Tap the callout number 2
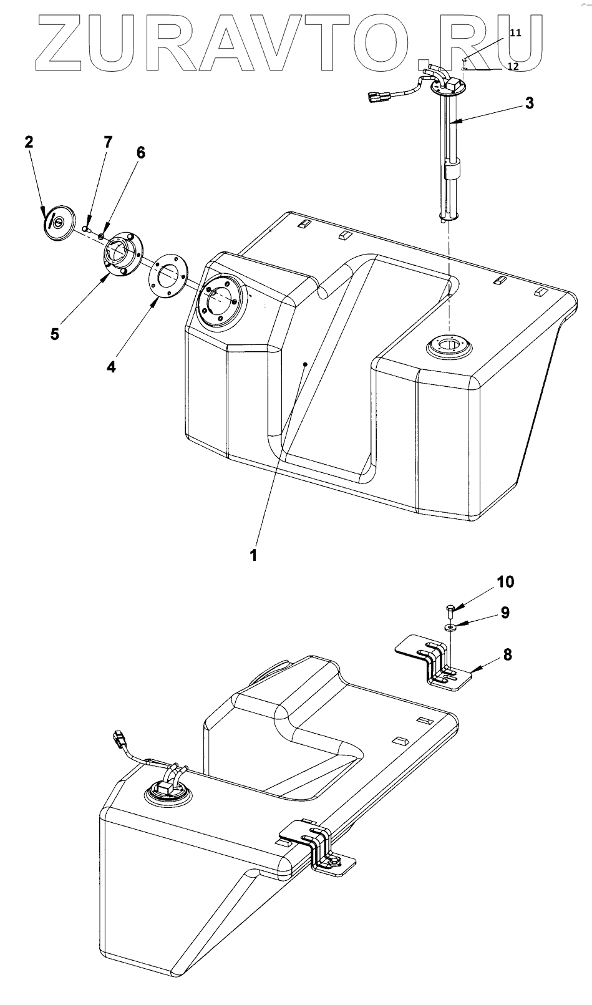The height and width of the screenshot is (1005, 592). (29, 142)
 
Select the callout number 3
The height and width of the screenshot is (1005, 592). (529, 104)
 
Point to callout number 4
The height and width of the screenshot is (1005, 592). (111, 367)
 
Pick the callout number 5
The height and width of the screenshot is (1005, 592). (55, 334)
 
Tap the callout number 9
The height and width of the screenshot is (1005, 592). (505, 613)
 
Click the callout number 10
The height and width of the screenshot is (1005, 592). (505, 582)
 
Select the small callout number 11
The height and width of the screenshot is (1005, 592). (516, 33)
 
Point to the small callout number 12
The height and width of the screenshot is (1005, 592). (512, 66)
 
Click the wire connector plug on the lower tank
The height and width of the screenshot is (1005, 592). (119, 740)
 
